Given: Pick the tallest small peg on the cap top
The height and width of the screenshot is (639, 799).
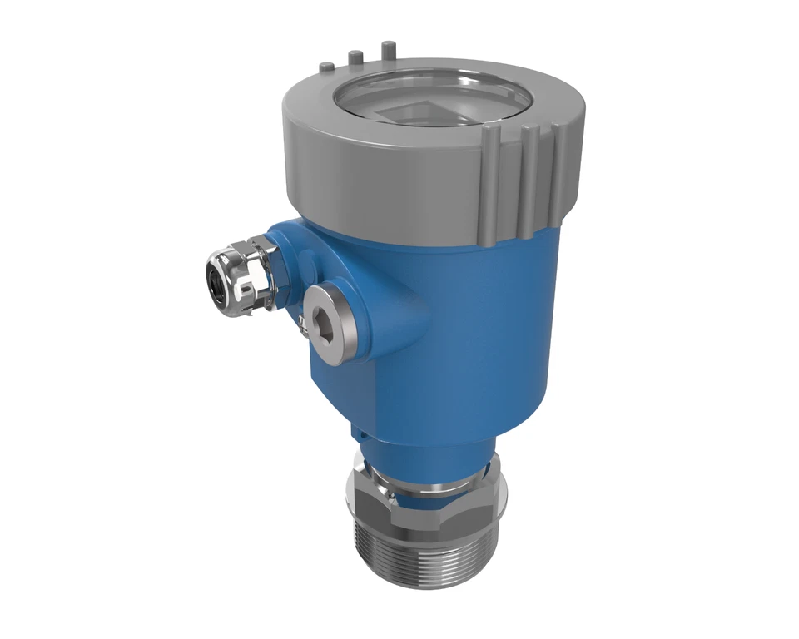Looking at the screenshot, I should (388, 51).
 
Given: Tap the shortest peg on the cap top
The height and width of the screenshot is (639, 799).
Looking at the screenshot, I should (327, 65).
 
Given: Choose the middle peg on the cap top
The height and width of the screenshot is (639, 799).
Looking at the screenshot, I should (355, 58).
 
